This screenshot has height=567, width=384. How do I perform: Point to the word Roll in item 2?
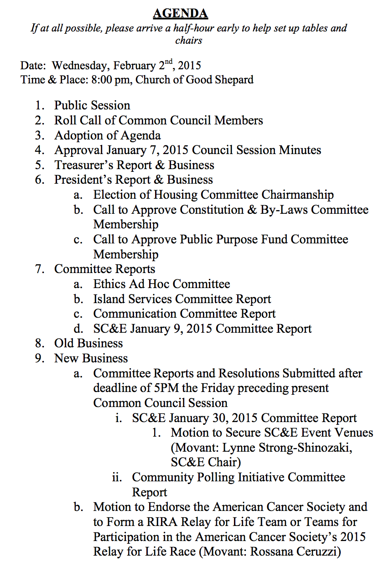click(66, 120)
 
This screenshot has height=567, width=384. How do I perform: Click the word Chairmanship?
click(297, 195)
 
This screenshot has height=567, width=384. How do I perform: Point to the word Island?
click(108, 299)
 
